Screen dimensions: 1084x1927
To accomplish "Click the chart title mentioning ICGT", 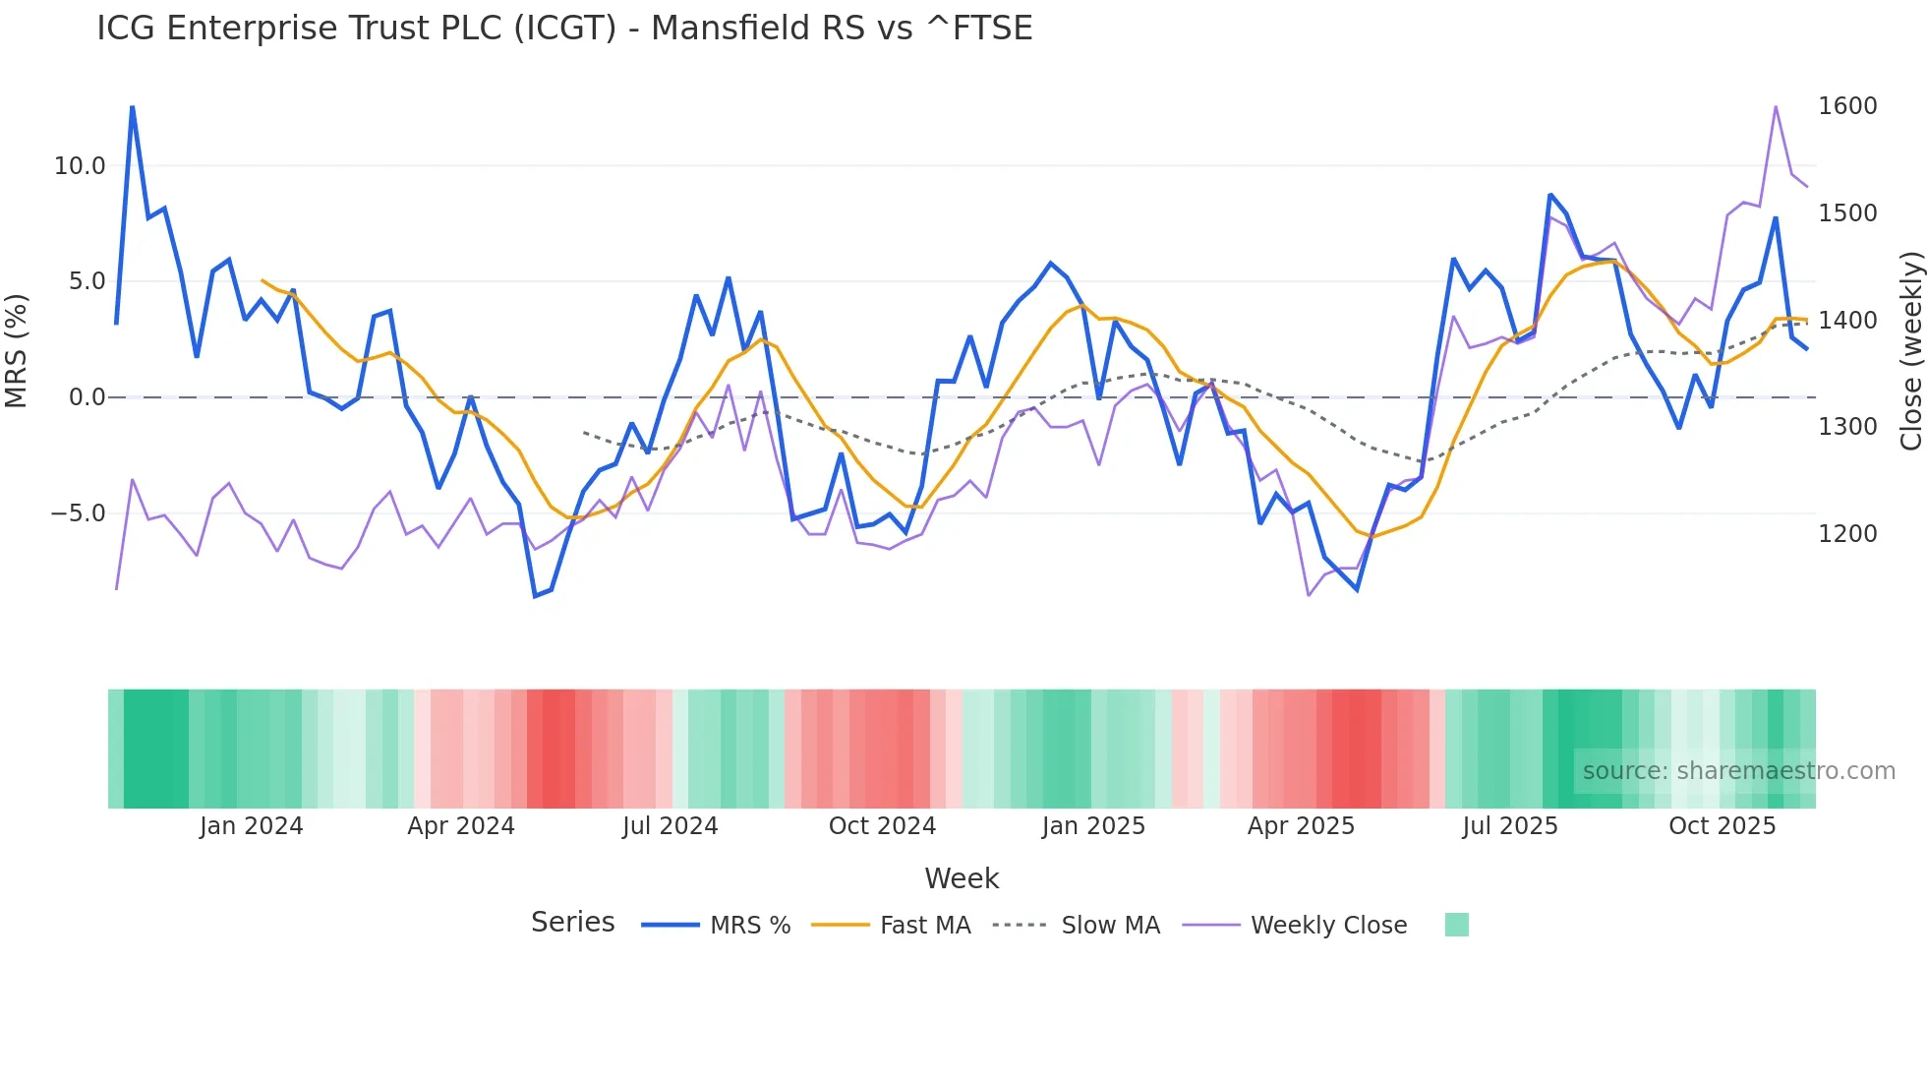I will [x=564, y=29].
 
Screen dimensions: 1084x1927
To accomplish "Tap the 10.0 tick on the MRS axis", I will [x=80, y=166].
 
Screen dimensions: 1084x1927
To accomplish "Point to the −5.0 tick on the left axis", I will [x=78, y=513].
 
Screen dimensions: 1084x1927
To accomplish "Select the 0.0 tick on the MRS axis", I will [x=87, y=397].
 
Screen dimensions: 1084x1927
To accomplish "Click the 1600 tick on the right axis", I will [x=1847, y=106].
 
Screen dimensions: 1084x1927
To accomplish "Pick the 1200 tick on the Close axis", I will [x=1847, y=534].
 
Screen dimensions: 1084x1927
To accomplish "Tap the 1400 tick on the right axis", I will [x=1847, y=321].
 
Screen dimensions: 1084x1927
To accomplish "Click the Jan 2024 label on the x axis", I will [x=251, y=826].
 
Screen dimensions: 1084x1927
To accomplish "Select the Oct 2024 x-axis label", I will [x=882, y=826].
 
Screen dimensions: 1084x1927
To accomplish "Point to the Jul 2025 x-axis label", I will [x=1510, y=826].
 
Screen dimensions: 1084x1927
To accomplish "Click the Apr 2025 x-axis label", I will [x=1301, y=826].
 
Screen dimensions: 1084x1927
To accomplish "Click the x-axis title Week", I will [x=962, y=878].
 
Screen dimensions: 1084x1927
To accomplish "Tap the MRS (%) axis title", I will [x=17, y=350].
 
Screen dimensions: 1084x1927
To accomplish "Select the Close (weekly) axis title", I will [x=1910, y=351].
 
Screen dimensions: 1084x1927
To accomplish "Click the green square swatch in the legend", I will [x=1456, y=925].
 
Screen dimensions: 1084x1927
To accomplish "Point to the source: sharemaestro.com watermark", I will [x=1738, y=771].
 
